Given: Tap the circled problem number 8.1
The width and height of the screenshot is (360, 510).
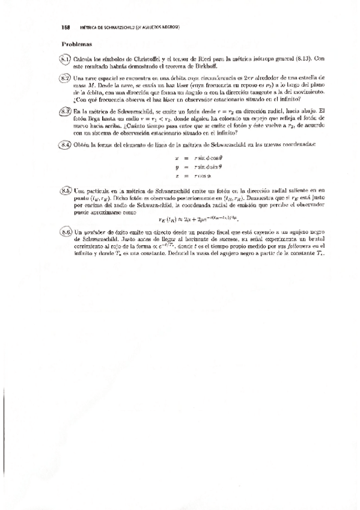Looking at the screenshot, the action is pos(66,58).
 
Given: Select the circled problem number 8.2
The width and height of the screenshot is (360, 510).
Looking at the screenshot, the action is pos(66,78).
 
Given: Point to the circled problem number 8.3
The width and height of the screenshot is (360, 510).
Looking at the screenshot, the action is pos(66,111).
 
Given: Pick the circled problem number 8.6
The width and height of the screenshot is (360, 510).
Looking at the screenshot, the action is pos(66,231).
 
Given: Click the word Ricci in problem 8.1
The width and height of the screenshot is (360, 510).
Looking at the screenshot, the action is pos(198,58).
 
